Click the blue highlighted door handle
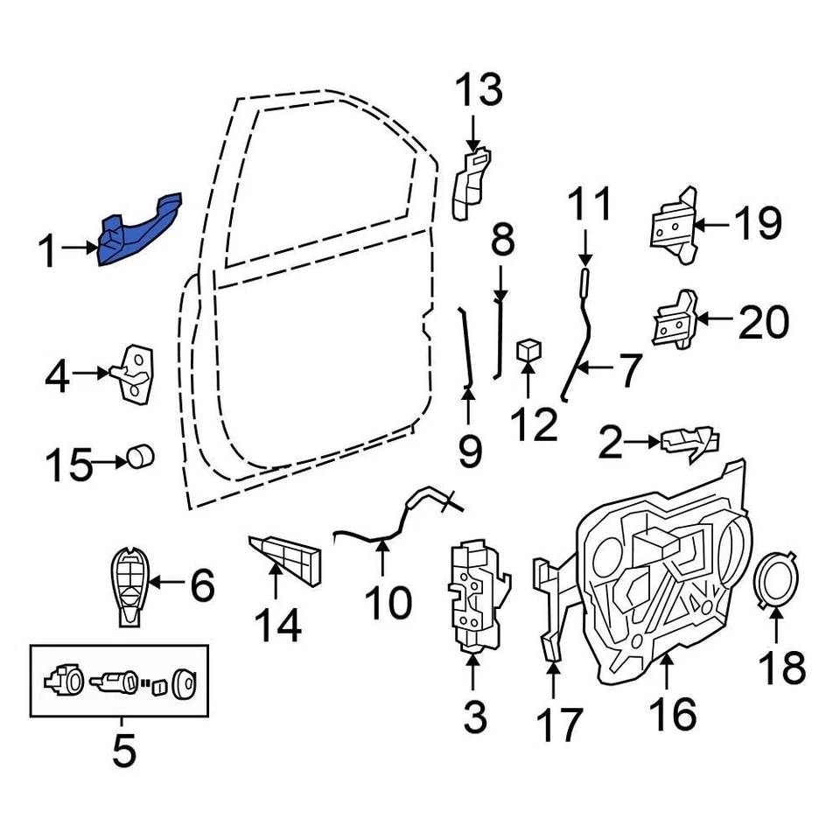[136, 232]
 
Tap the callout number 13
[479, 91]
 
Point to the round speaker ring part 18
[774, 581]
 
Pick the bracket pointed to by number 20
[675, 321]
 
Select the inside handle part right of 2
[690, 443]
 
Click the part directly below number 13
[470, 184]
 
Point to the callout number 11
[591, 206]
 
